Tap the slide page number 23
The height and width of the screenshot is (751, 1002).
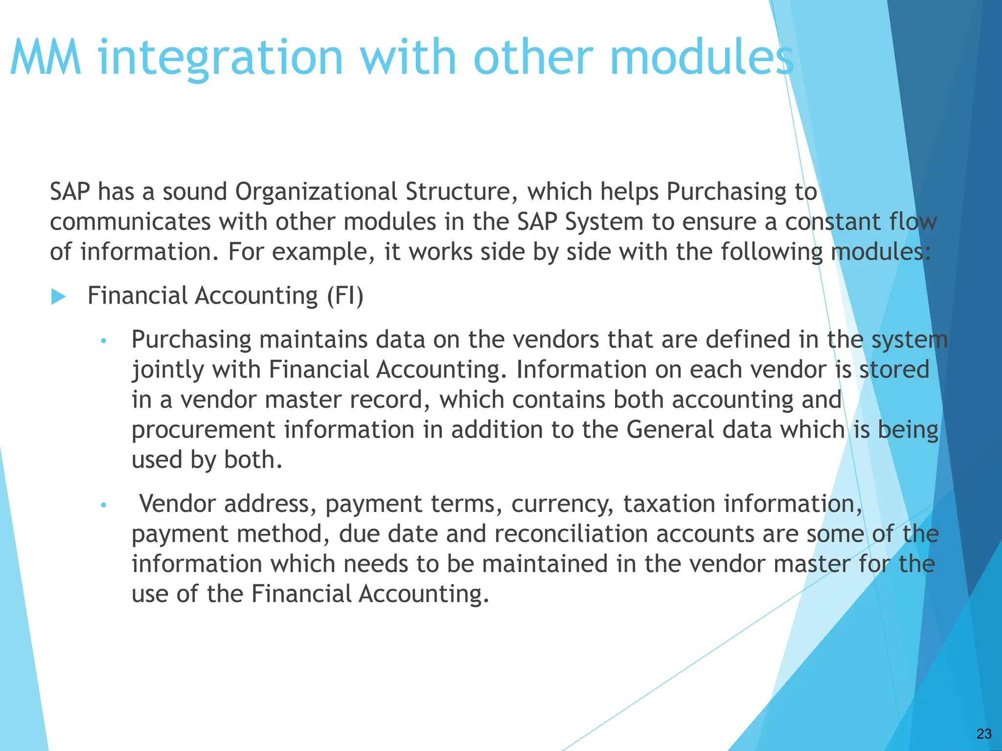[x=984, y=733]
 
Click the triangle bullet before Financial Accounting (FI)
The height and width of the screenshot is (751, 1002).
[x=58, y=296]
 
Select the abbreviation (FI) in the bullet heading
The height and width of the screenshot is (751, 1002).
[x=345, y=296]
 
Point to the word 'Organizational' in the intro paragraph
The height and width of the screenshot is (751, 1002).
[x=316, y=192]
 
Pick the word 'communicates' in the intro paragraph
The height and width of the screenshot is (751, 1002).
[x=130, y=222]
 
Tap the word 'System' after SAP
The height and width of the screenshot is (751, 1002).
[x=604, y=222]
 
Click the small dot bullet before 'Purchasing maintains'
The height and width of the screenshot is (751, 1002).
[x=103, y=341]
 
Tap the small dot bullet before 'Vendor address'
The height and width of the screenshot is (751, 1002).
[x=103, y=505]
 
